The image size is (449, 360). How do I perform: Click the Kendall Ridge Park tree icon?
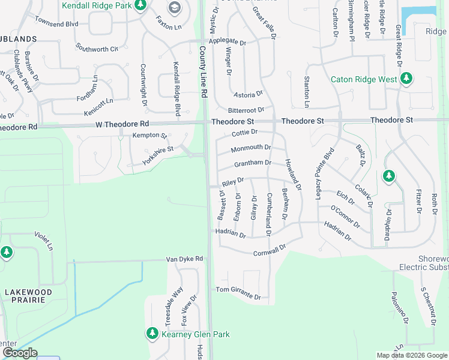click(140, 6)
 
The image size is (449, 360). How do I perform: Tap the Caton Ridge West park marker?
click(406, 79)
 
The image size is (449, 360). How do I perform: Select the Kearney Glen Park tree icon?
click(152, 333)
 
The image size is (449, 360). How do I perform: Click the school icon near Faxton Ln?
click(175, 7)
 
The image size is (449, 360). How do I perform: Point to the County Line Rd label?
click(203, 73)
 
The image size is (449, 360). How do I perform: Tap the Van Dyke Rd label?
click(184, 259)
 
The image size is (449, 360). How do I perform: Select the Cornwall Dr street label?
click(270, 250)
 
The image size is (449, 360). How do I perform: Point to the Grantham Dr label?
click(253, 163)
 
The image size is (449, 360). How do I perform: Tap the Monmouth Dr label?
click(251, 148)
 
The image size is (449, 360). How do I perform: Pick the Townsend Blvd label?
click(57, 23)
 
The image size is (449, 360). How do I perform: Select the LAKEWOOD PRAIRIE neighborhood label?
click(28, 296)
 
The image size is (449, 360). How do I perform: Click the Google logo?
click(20, 353)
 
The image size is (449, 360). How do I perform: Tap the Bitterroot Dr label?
click(246, 110)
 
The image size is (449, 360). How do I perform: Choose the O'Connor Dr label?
click(345, 216)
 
